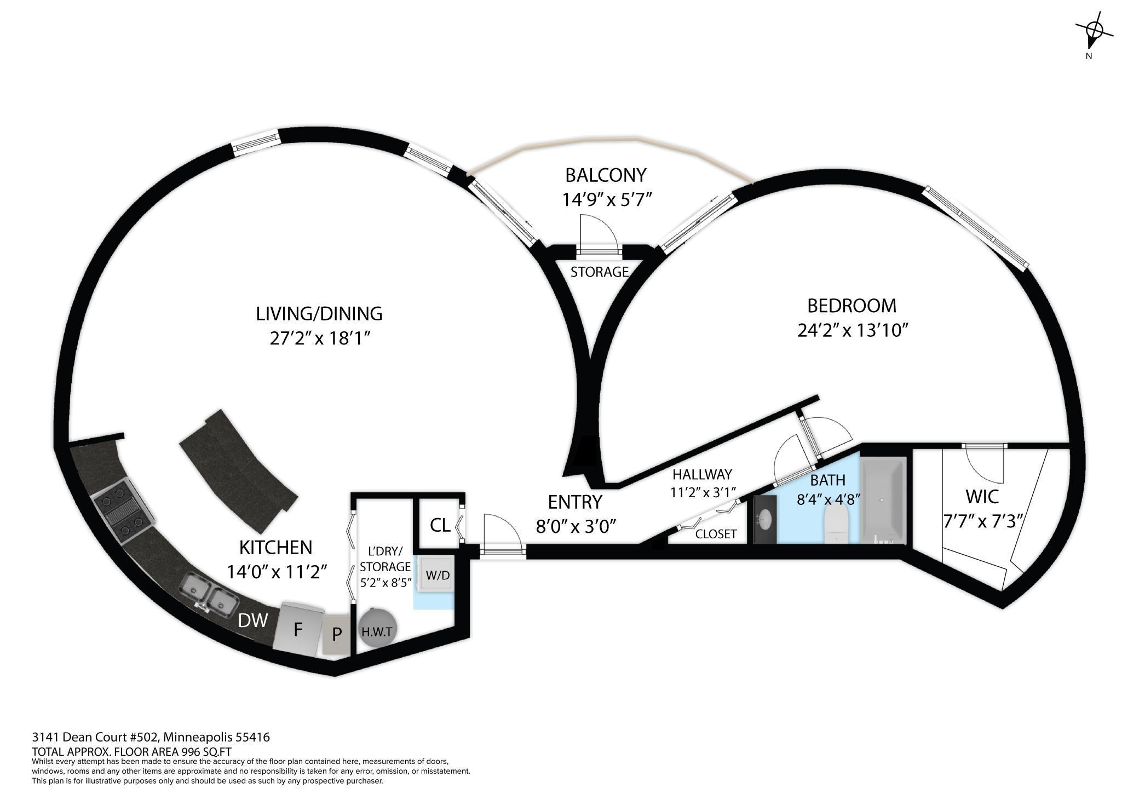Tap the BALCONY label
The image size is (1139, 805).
click(606, 175)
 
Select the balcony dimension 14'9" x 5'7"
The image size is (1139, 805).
click(607, 200)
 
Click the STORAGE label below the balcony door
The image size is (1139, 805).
click(599, 272)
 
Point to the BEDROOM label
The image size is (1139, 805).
click(852, 306)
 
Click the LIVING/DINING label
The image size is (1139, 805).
click(319, 314)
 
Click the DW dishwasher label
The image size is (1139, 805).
click(253, 620)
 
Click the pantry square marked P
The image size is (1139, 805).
click(336, 634)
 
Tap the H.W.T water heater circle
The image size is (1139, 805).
click(377, 631)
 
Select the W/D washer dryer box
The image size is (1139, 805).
click(437, 575)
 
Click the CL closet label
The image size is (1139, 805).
click(440, 526)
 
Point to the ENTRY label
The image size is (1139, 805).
click(575, 502)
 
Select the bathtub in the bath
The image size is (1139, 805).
click(884, 501)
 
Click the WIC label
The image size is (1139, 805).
click(982, 497)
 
